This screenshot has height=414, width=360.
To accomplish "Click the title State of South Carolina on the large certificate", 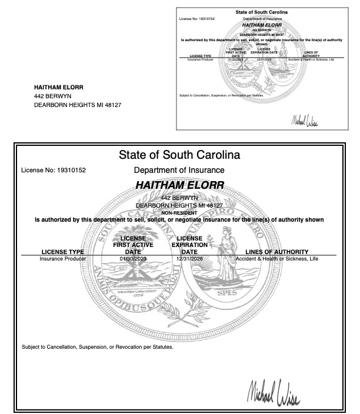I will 179,156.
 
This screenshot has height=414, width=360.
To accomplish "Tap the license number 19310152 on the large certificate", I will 70,171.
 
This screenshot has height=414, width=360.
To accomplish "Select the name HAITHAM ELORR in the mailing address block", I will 59,87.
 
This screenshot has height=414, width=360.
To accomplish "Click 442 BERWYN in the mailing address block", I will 48,96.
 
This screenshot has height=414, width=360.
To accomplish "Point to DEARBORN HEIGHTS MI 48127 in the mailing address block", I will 78,105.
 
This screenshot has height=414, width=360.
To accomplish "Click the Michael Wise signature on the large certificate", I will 274,389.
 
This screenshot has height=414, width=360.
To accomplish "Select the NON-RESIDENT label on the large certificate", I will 179,213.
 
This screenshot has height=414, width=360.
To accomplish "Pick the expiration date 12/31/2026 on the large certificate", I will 189,258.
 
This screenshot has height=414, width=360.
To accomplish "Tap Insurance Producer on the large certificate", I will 63,258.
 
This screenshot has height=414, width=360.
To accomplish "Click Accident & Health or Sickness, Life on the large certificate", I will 276,258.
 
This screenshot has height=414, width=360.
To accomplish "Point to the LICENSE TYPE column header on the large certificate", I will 63,252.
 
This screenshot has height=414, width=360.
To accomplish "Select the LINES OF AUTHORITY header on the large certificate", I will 276,252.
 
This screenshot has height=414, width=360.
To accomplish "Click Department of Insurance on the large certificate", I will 179,171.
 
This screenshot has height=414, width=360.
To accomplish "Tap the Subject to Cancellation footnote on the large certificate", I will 98,346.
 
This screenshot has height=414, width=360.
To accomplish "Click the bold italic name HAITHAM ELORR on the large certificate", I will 179,185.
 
